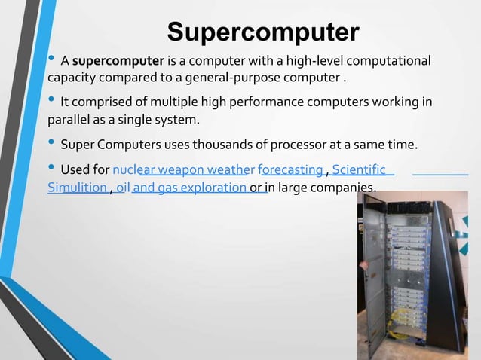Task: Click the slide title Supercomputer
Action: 263,32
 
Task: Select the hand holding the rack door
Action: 363,264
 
